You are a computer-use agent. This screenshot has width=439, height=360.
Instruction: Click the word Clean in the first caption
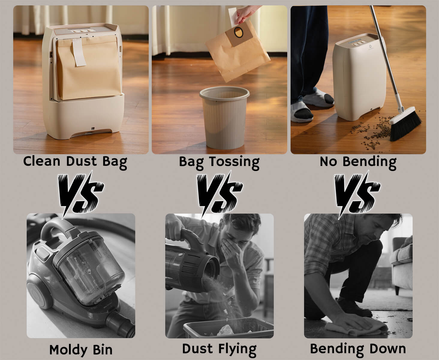(x=42, y=161)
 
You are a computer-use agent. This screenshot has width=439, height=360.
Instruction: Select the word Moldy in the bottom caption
(x=68, y=350)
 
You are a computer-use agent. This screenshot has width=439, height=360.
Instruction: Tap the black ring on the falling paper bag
(x=239, y=32)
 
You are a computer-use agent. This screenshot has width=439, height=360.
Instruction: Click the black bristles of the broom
(x=406, y=125)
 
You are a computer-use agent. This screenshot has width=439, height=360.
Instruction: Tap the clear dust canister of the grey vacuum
(x=89, y=271)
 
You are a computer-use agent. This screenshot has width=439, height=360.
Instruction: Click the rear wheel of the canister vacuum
(x=40, y=292)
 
